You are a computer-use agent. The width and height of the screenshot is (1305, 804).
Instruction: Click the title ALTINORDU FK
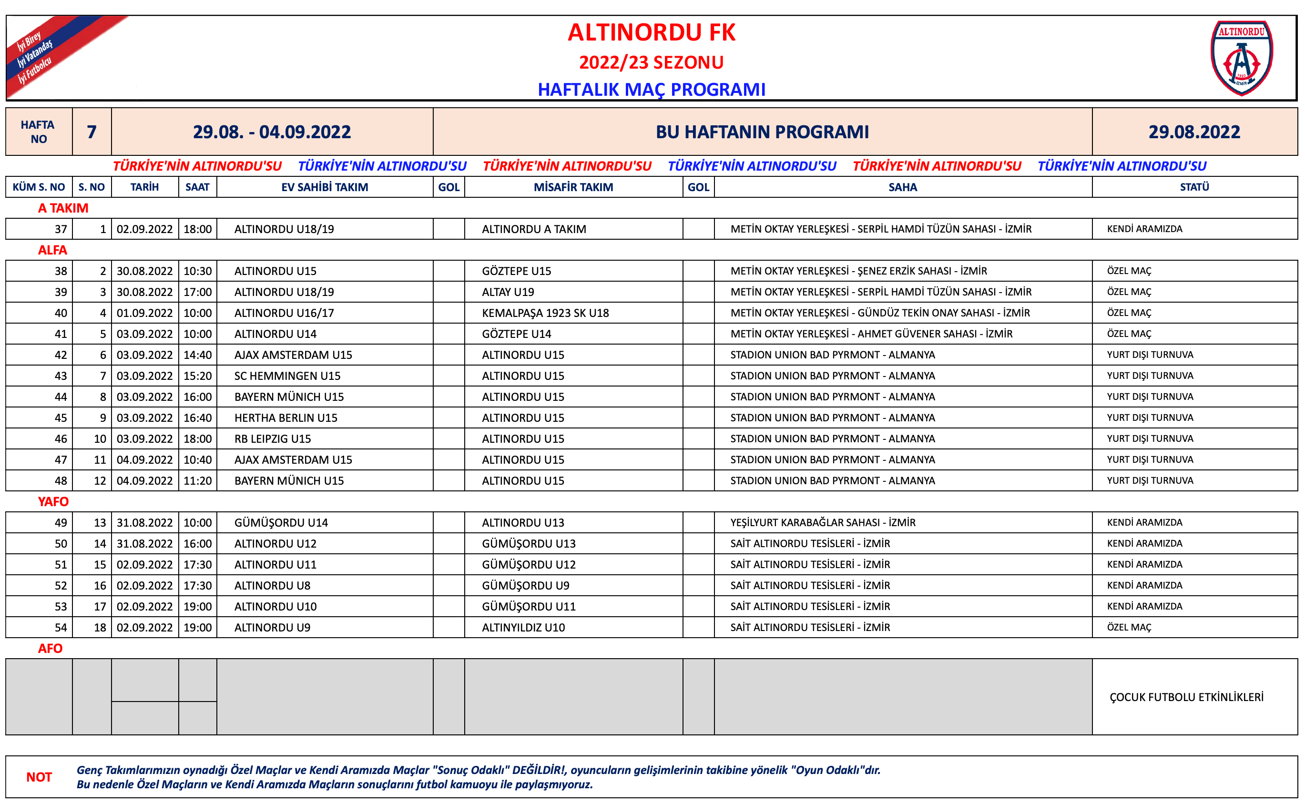pyautogui.click(x=652, y=32)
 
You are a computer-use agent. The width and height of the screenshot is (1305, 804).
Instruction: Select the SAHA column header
pyautogui.click(x=902, y=187)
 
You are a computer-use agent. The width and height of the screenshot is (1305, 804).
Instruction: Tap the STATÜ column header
pyautogui.click(x=1194, y=187)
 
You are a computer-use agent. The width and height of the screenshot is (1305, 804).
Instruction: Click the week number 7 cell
pyautogui.click(x=92, y=132)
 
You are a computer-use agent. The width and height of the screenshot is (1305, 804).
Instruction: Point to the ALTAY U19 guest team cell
pyautogui.click(x=508, y=292)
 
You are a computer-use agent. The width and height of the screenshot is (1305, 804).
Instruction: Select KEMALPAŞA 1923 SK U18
pyautogui.click(x=545, y=313)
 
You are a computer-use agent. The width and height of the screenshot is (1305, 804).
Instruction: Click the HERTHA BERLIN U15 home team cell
pyautogui.click(x=285, y=418)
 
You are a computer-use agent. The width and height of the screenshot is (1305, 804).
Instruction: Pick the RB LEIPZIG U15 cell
pyautogui.click(x=272, y=438)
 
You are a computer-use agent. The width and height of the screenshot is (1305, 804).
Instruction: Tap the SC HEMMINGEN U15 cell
pyautogui.click(x=287, y=376)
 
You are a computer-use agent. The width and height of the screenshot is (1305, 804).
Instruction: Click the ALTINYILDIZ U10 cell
pyautogui.click(x=523, y=628)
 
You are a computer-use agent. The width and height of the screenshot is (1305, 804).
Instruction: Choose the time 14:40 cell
pyautogui.click(x=197, y=355)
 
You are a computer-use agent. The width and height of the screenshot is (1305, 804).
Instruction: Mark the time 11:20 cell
pyautogui.click(x=197, y=481)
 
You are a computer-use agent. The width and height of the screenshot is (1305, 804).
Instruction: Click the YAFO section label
pyautogui.click(x=53, y=501)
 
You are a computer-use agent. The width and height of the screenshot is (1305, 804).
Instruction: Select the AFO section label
pyautogui.click(x=50, y=648)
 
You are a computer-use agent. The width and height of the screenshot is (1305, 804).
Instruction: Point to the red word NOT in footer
pyautogui.click(x=39, y=777)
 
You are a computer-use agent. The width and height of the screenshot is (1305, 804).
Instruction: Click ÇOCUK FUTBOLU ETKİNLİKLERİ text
pyautogui.click(x=1186, y=697)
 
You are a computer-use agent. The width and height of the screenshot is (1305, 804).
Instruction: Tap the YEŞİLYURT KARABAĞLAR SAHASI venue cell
pyautogui.click(x=823, y=523)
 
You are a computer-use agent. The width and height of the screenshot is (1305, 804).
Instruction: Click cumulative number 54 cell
pyautogui.click(x=61, y=628)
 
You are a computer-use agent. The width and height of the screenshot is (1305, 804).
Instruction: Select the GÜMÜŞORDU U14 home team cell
pyautogui.click(x=281, y=523)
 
